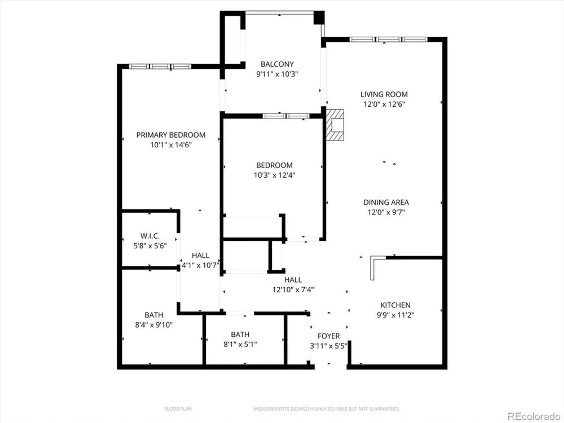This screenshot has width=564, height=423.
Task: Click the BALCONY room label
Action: (x=277, y=64)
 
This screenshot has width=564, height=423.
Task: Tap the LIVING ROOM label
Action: (x=384, y=94)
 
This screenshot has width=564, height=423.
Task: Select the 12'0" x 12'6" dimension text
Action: (x=384, y=104)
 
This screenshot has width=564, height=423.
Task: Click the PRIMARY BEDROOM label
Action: (x=171, y=135)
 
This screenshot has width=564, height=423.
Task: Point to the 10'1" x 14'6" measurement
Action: (x=171, y=145)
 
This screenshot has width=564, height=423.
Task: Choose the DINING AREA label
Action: (x=386, y=202)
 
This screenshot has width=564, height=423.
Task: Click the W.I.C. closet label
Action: (x=150, y=236)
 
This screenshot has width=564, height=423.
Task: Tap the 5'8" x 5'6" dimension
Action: (x=150, y=246)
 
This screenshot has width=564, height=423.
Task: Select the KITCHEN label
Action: (x=395, y=305)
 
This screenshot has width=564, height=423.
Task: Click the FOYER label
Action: (x=329, y=336)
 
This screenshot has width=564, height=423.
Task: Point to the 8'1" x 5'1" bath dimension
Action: (x=240, y=344)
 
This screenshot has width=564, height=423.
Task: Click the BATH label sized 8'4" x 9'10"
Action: (x=154, y=315)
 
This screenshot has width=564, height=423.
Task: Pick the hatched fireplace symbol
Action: (x=335, y=125)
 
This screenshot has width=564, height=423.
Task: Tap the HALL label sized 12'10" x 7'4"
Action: (x=293, y=280)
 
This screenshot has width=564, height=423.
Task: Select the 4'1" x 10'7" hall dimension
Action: (x=200, y=265)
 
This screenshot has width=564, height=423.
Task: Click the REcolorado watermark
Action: (x=534, y=416)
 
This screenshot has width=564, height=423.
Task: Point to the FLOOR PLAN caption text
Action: (x=178, y=409)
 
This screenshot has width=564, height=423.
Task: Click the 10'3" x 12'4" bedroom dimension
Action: (x=274, y=175)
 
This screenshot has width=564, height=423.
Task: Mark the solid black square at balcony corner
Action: (x=319, y=17)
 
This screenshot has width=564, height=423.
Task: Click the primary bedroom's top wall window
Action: (x=160, y=67)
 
